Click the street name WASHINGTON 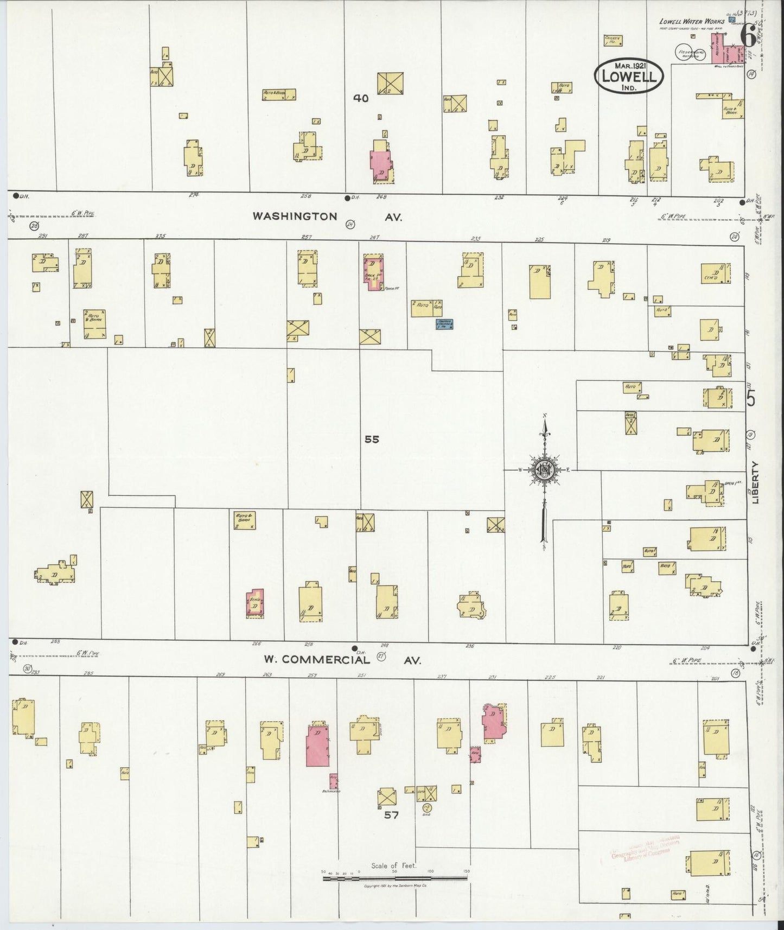(x=295, y=216)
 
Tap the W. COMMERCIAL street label (x=317, y=660)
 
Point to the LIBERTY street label (x=756, y=483)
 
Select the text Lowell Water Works (x=691, y=22)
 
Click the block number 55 (x=372, y=439)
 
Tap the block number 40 (x=361, y=98)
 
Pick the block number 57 (x=391, y=814)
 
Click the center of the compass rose (x=543, y=470)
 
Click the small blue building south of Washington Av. (x=445, y=324)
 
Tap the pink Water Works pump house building (x=726, y=50)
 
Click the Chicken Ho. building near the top (x=613, y=40)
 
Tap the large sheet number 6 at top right (x=748, y=37)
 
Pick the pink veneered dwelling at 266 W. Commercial (x=255, y=603)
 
